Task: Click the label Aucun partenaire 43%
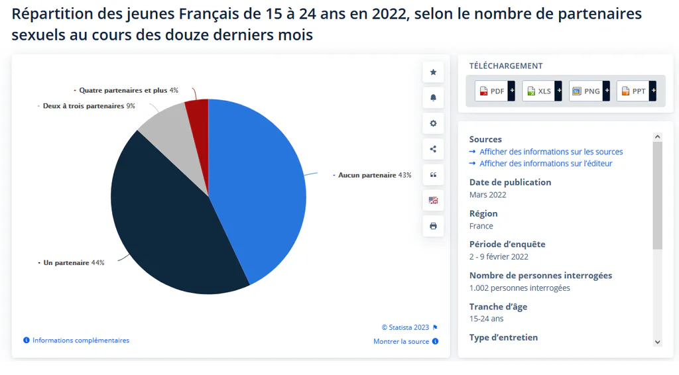(x=375, y=175)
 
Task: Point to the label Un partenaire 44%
(x=74, y=262)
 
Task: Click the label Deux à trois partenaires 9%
(x=89, y=106)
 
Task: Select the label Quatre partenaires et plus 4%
(x=129, y=90)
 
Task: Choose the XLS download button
(x=542, y=91)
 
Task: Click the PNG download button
(x=589, y=91)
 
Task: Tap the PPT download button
(x=636, y=91)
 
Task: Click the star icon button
(x=433, y=72)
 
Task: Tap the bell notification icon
(x=433, y=98)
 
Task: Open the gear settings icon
(x=433, y=123)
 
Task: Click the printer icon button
(x=433, y=226)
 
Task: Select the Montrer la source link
(x=406, y=341)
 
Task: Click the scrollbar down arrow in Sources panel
(x=657, y=342)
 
